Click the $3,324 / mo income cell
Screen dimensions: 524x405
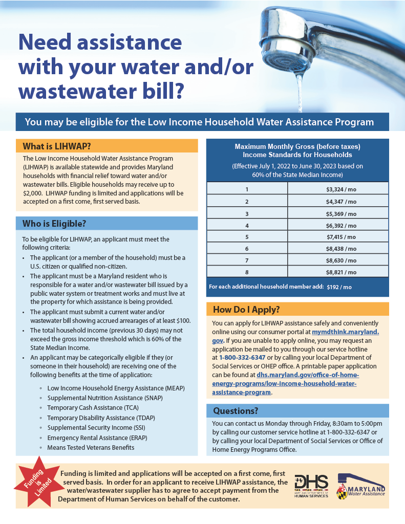click(341, 189)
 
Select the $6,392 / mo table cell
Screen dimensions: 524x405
click(341, 225)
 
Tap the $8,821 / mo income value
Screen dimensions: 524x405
click(341, 273)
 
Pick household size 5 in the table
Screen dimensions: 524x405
click(247, 237)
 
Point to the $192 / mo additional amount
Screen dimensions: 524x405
click(339, 287)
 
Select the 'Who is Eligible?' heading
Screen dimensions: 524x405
click(54, 224)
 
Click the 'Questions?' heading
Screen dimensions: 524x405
click(236, 411)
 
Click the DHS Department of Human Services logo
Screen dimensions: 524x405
click(311, 486)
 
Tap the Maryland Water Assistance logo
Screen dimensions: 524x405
click(360, 485)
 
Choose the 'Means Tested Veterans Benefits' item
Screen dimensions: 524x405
click(91, 447)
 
